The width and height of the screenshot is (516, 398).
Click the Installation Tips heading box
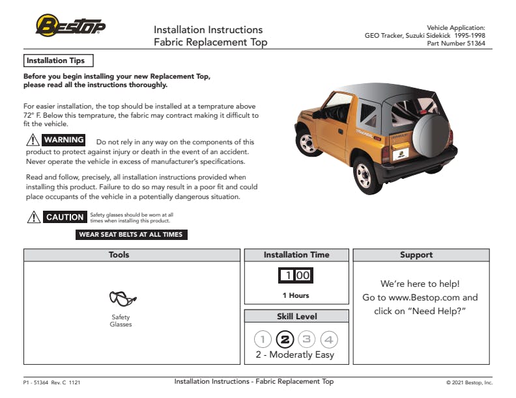[58, 60]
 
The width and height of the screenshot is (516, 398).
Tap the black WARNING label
[64, 140]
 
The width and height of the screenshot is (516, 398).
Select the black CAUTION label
[65, 217]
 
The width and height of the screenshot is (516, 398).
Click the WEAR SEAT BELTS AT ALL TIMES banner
[131, 235]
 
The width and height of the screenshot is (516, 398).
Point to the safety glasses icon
[122, 299]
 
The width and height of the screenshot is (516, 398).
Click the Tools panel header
[132, 255]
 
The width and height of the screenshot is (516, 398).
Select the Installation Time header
[296, 255]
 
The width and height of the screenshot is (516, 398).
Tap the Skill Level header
[296, 316]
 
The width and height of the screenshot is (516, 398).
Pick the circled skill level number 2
[285, 339]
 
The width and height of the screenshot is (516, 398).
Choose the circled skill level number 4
[329, 339]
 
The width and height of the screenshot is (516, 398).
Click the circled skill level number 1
[263, 339]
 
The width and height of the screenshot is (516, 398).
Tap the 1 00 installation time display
[296, 275]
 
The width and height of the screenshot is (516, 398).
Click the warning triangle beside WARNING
[33, 140]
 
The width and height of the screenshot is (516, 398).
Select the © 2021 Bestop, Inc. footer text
[469, 382]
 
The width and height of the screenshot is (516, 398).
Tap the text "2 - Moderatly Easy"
[294, 355]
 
